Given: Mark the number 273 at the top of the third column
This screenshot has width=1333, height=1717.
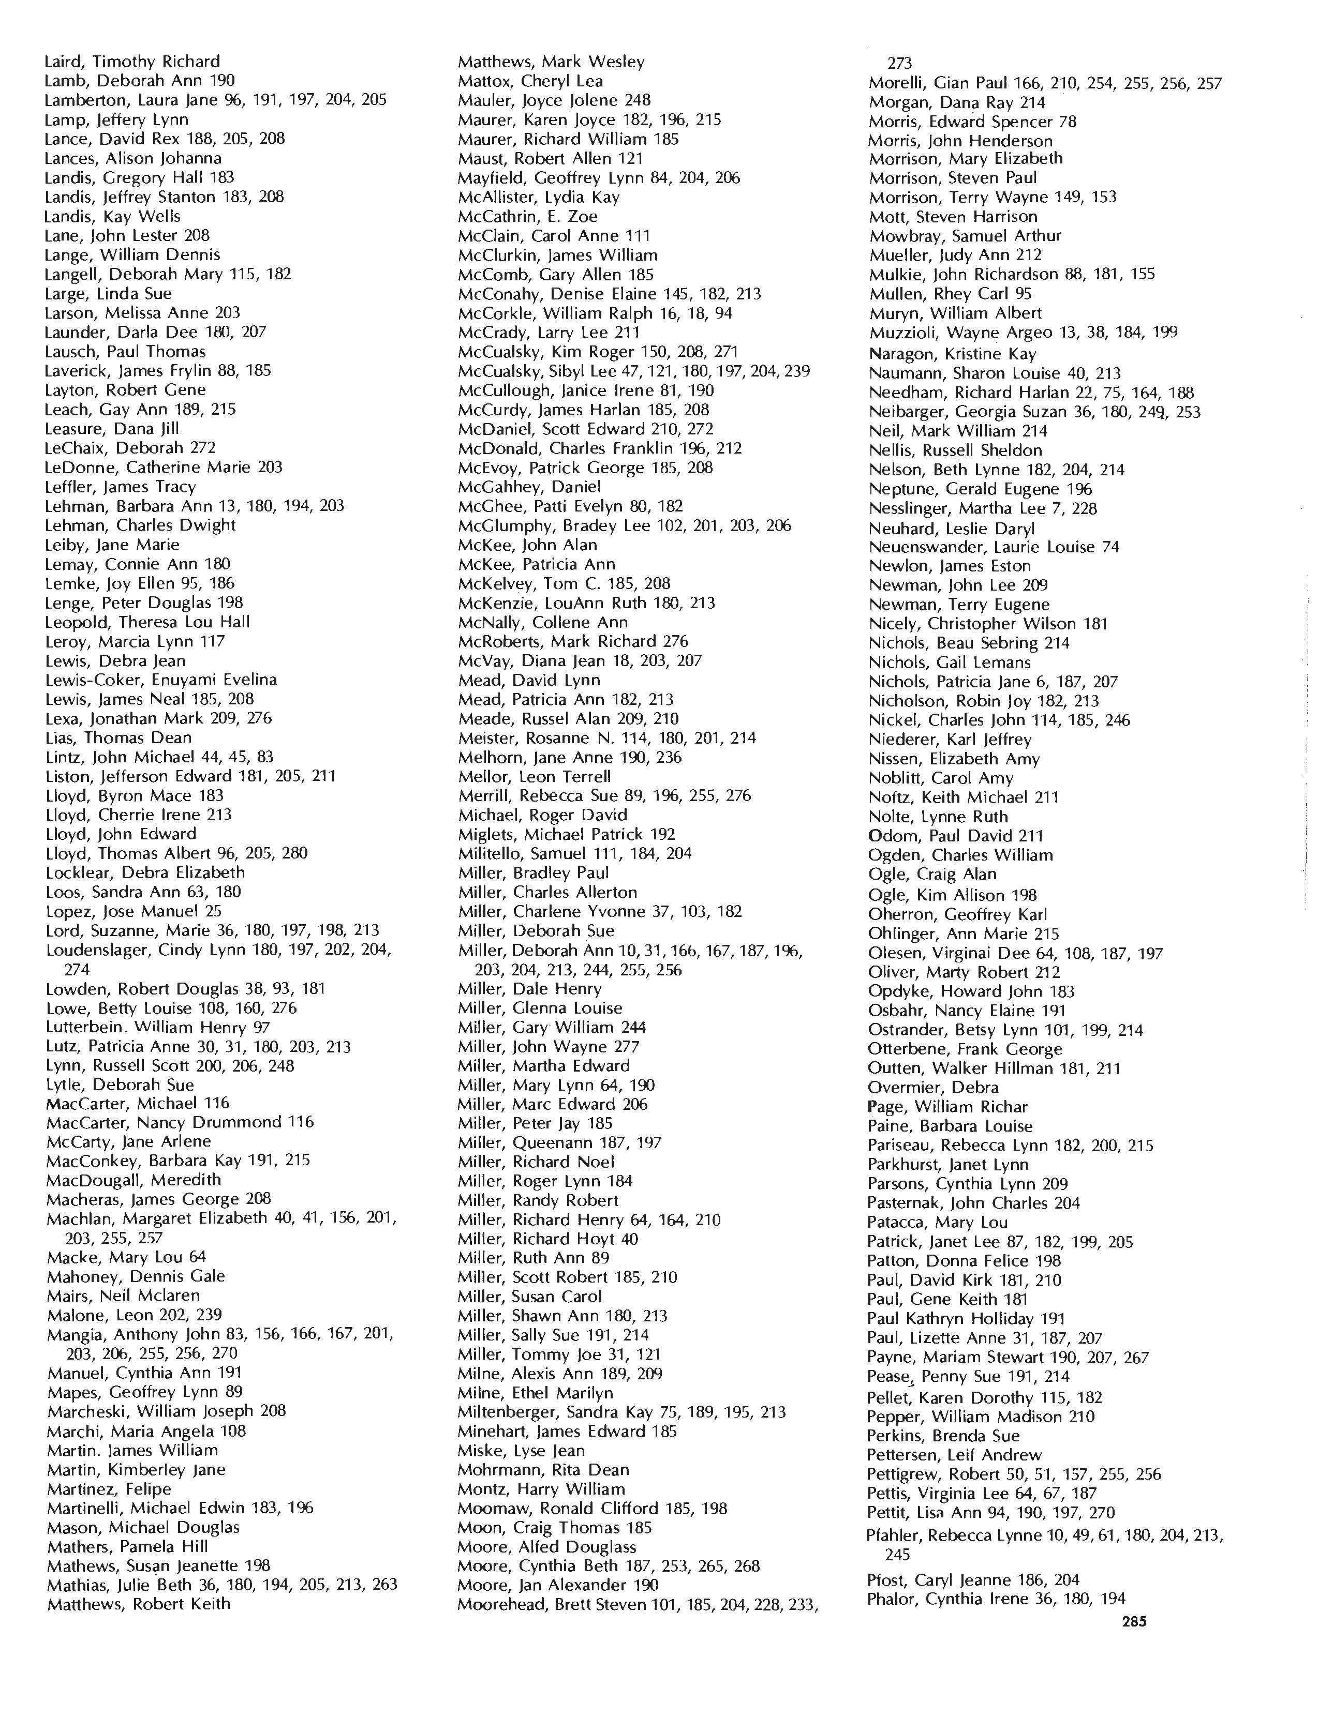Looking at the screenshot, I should point(899,63).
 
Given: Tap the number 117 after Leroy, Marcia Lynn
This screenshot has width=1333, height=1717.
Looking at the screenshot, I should point(212,641).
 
